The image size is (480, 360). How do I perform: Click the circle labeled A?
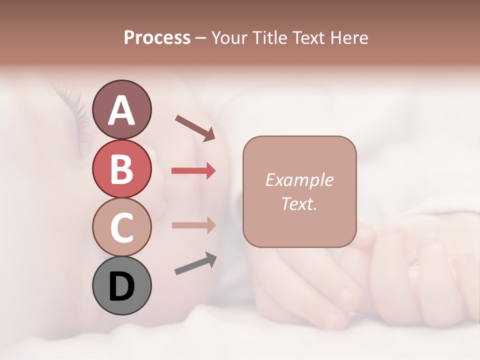121,109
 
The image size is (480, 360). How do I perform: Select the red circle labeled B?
121,168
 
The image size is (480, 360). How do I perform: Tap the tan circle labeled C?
121,227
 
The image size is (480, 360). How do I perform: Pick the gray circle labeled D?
121,286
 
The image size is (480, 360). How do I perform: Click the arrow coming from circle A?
195,127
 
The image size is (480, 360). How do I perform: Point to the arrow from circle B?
193,171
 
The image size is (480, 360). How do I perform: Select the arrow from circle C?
193,225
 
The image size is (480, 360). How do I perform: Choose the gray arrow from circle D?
195,263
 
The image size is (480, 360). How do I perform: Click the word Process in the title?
157,38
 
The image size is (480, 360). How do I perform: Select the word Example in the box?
299,180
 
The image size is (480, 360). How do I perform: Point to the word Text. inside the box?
299,203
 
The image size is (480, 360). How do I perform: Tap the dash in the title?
201,38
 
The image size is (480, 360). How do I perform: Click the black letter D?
121,287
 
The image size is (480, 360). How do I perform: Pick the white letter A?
121,110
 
